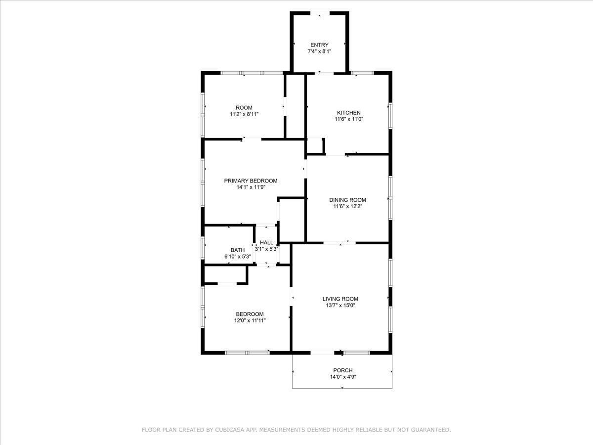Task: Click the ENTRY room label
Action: [319, 45]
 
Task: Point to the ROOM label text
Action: [244, 108]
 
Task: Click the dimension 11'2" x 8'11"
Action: [244, 114]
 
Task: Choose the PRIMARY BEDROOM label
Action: [251, 181]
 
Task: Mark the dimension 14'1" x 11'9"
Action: [251, 187]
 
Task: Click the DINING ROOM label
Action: [347, 200]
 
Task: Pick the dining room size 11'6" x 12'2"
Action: [347, 207]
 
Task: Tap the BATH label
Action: [237, 250]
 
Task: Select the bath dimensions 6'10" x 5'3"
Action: [237, 257]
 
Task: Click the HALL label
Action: [266, 243]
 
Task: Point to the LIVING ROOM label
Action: [340, 299]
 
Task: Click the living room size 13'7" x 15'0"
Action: [340, 306]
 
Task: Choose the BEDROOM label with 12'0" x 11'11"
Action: [250, 314]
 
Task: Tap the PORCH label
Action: [342, 370]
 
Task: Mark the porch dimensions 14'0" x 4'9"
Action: [342, 377]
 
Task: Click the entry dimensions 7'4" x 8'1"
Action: [319, 51]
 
